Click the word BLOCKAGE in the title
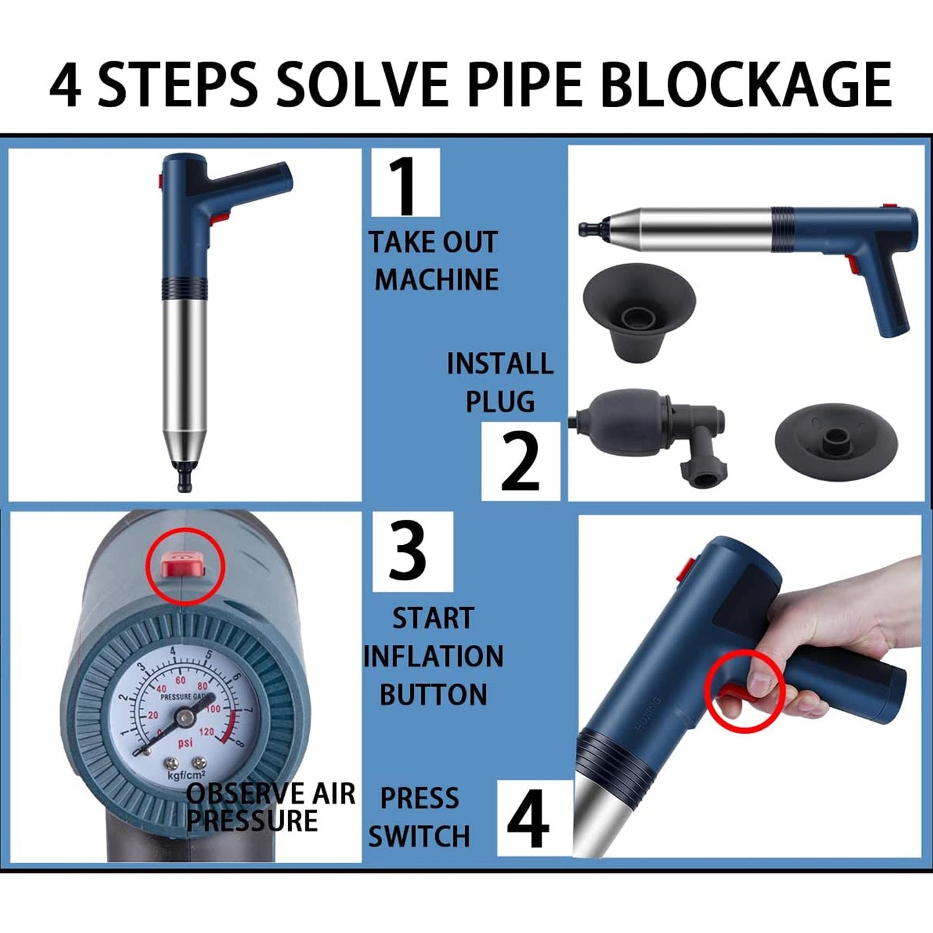click(x=748, y=85)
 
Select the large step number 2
click(x=520, y=461)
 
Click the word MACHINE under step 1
click(x=436, y=280)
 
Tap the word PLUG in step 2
click(x=500, y=402)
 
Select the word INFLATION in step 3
click(x=433, y=657)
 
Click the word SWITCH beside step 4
click(x=419, y=836)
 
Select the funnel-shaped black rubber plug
click(x=639, y=310)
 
